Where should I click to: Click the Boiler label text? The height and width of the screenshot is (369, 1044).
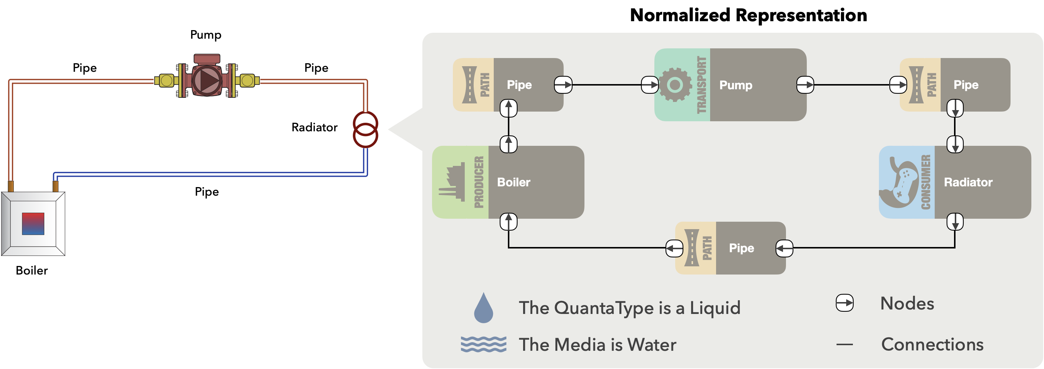[513, 182]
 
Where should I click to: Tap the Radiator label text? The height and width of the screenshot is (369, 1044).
[968, 182]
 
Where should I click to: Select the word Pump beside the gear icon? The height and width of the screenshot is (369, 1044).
[735, 85]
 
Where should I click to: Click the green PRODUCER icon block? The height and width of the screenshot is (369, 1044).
[460, 182]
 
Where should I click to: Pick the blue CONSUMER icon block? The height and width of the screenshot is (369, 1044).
[906, 182]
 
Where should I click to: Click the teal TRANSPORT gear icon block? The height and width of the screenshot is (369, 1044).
[682, 85]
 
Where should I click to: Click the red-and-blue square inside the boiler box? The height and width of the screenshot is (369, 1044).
[33, 224]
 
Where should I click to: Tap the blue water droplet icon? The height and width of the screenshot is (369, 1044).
[483, 308]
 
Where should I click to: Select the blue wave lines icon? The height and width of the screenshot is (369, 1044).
[483, 344]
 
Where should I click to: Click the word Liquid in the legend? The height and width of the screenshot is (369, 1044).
[715, 308]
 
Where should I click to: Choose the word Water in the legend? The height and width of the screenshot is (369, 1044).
[652, 345]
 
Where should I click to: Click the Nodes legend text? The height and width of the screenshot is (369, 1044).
[907, 303]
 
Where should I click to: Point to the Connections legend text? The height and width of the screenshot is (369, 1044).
[932, 344]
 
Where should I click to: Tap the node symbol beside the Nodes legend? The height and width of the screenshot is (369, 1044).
[845, 303]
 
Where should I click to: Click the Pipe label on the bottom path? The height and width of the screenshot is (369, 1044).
[741, 248]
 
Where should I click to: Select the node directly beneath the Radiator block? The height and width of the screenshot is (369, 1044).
[955, 222]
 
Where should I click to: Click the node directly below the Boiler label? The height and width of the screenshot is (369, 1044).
[509, 222]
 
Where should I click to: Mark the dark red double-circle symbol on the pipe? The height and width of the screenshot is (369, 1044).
[365, 130]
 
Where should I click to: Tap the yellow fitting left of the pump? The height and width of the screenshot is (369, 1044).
[166, 81]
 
